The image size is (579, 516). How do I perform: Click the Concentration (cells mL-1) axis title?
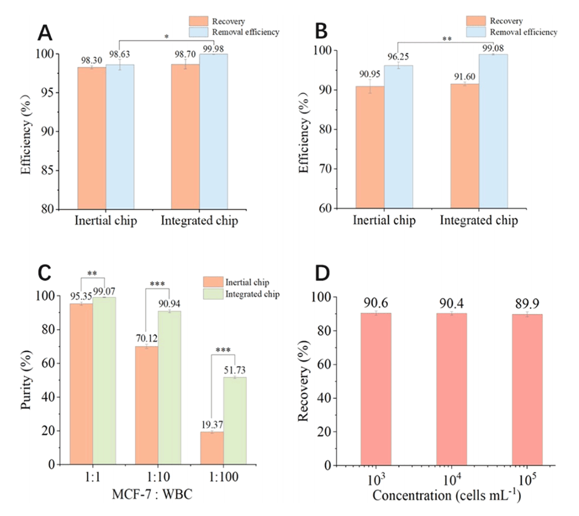pos(447,495)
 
